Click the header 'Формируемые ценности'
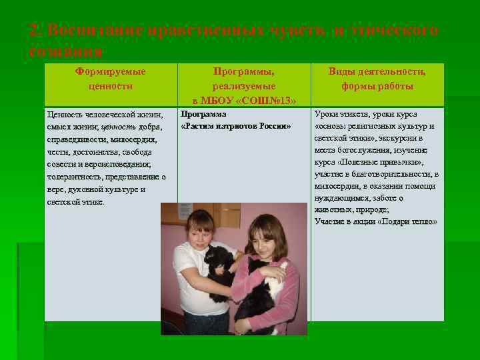point(111,79)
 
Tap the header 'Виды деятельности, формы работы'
point(377,79)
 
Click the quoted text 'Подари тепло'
point(408,221)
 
